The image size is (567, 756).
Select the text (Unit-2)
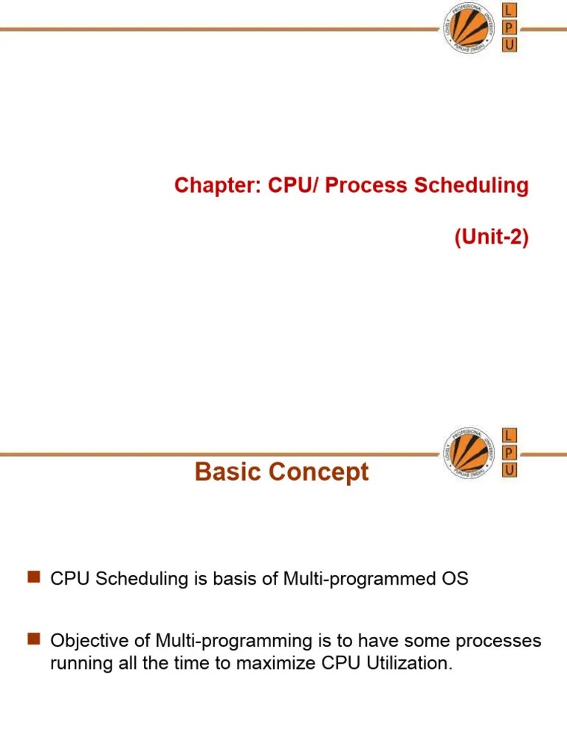coord(492,239)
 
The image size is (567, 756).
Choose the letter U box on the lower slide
coord(509,470)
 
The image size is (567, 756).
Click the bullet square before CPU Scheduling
coord(32,578)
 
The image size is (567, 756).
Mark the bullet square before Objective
coord(32,639)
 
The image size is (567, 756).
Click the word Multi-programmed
coord(349,579)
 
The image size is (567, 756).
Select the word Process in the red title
coord(367,185)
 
